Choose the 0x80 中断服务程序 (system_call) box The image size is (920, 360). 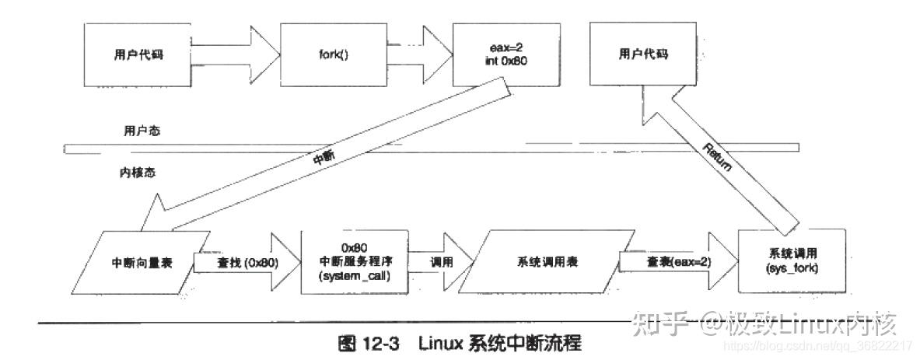[x=354, y=261]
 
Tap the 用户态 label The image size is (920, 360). [x=136, y=132]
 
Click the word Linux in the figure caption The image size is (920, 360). [x=441, y=343]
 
